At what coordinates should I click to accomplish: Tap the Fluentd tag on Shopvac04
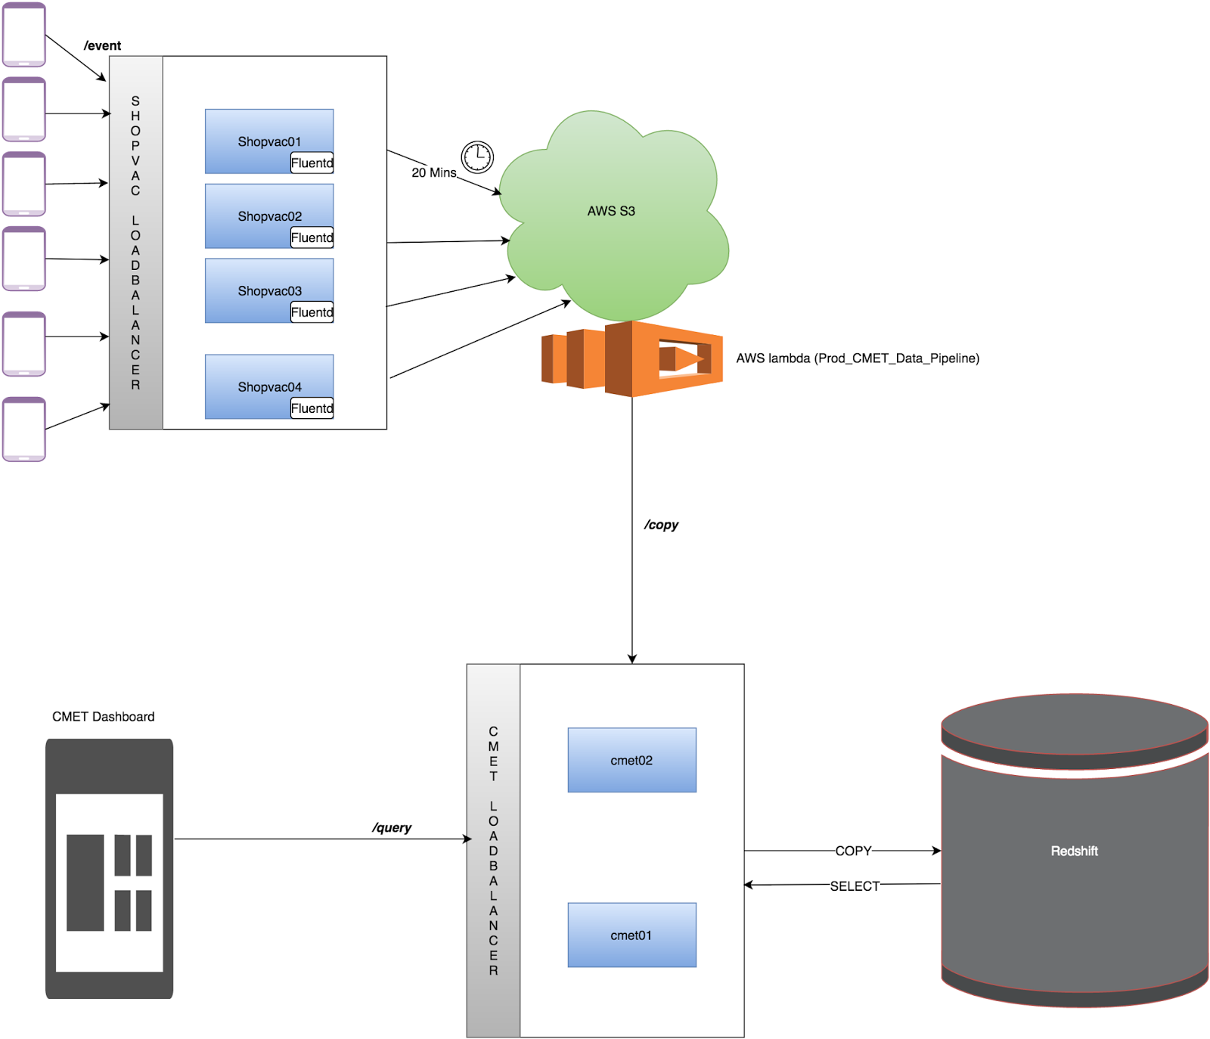coord(312,408)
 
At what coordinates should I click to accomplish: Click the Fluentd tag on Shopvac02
coord(312,237)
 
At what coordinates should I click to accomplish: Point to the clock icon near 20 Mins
coord(477,157)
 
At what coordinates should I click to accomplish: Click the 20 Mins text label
coord(433,173)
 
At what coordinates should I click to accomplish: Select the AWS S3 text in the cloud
coord(611,211)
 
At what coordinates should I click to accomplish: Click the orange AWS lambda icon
coord(632,358)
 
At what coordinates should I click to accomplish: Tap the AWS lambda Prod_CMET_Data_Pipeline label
coord(858,358)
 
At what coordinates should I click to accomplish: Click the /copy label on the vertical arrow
coord(661,525)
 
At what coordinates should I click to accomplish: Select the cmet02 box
coord(631,760)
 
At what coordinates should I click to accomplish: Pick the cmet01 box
coord(631,935)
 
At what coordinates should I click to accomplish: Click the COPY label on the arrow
coord(853,851)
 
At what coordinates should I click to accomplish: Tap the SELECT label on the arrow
coord(855,885)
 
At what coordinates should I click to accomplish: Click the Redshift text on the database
coord(1074,851)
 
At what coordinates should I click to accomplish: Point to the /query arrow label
coord(392,827)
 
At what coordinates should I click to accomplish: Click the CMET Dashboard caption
coord(104,717)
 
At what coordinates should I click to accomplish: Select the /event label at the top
coord(102,46)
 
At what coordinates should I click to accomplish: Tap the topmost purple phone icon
coord(24,35)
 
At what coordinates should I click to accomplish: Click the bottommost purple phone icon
coord(24,430)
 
